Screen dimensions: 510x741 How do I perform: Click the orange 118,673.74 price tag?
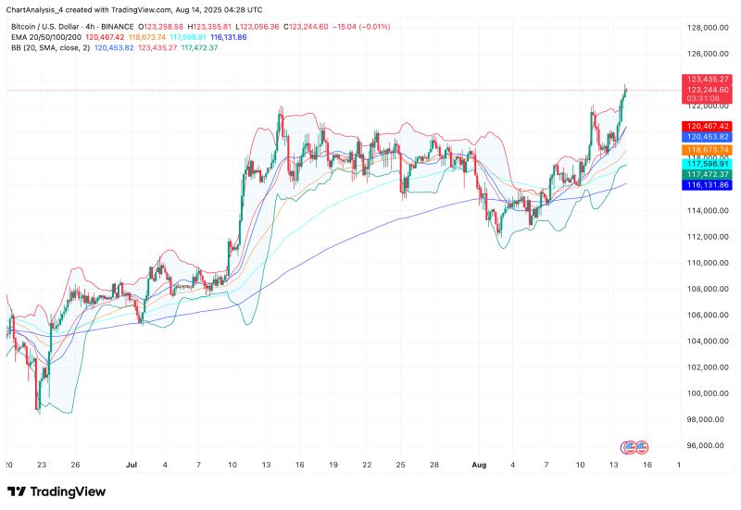tap(707, 149)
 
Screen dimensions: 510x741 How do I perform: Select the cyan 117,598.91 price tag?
tap(707, 162)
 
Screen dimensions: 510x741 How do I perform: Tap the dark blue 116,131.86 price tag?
tap(707, 185)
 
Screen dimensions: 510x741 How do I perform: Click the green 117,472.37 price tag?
tap(707, 173)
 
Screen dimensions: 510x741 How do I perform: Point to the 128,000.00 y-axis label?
tap(707, 28)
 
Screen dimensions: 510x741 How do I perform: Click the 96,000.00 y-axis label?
tap(707, 445)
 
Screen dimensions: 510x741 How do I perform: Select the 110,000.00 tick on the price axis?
tap(707, 263)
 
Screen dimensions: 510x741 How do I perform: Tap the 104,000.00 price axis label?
tap(707, 341)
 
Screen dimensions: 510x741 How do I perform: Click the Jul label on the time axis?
tap(131, 464)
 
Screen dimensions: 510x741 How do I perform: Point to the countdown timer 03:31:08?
tap(707, 98)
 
